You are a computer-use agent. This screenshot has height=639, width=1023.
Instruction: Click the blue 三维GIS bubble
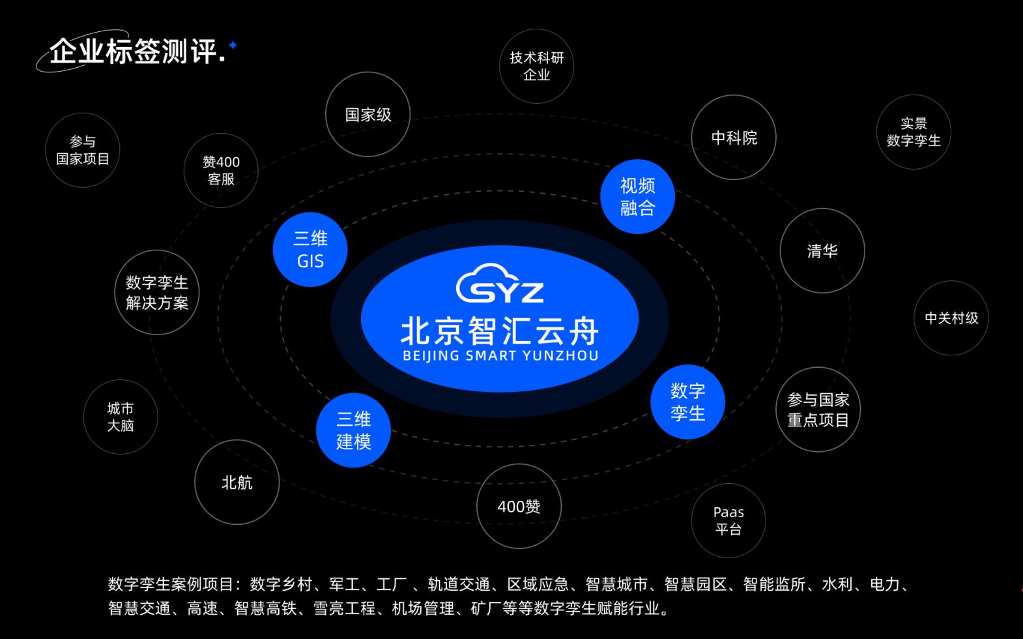pos(310,250)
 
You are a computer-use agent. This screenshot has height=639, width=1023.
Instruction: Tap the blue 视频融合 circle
pos(637,196)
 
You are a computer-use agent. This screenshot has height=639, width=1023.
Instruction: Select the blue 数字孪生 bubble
pos(687,402)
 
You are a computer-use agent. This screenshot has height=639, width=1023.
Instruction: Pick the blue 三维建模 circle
pos(353,430)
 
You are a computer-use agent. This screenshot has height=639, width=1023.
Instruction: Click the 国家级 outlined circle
pos(368,115)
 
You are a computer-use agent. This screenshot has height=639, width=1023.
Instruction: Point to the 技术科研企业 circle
pos(536,66)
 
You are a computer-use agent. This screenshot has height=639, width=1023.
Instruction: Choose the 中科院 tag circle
pos(734,138)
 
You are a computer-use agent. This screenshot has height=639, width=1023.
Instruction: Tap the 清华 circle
pos(822,251)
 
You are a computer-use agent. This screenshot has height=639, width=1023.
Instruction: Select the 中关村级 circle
pos(951,318)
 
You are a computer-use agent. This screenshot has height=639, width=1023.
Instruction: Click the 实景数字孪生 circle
pos(914,132)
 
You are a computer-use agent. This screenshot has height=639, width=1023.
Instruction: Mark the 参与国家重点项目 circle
pos(818,409)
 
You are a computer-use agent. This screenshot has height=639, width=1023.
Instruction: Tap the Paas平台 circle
pos(728,520)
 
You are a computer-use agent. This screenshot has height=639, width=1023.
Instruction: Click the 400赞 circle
pos(519,506)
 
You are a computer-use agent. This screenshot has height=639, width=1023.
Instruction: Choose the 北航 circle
pos(237,483)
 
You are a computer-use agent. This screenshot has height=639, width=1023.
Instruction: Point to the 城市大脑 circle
pos(121,417)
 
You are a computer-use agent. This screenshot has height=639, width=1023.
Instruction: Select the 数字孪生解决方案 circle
pos(156,293)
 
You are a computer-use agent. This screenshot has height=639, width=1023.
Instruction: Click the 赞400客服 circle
pos(221,170)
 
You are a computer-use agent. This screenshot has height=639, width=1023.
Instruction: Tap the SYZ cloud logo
pos(500,284)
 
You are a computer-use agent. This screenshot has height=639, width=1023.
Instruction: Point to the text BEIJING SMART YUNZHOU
pos(500,356)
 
